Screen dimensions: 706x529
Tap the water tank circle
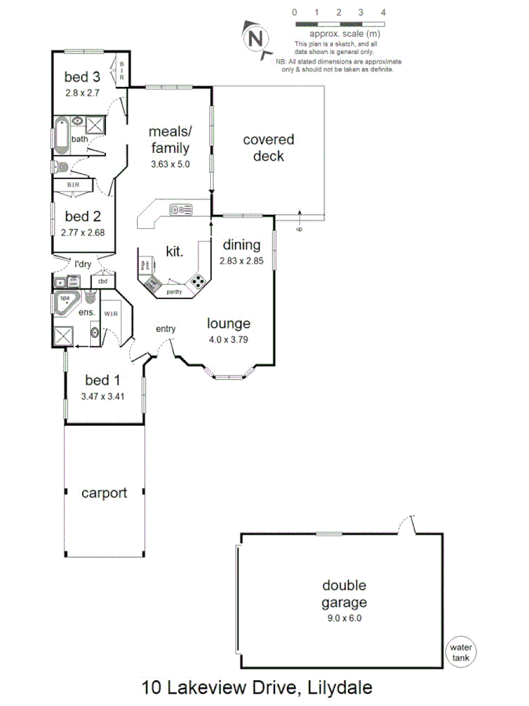coord(459,653)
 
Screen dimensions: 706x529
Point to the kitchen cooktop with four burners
coord(199,281)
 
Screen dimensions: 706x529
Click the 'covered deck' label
coord(268,147)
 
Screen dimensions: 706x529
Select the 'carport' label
coord(104,493)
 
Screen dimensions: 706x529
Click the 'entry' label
coord(165,329)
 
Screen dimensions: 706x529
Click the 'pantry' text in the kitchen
coord(174,292)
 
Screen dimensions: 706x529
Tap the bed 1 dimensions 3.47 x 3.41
coord(103,397)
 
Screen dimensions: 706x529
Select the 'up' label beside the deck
coord(299,229)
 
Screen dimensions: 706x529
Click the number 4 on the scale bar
coord(382,13)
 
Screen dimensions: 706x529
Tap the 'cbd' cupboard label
coord(103,282)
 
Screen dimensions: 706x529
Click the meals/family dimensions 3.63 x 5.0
coord(171,164)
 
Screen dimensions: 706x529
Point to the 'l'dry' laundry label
coord(82,265)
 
